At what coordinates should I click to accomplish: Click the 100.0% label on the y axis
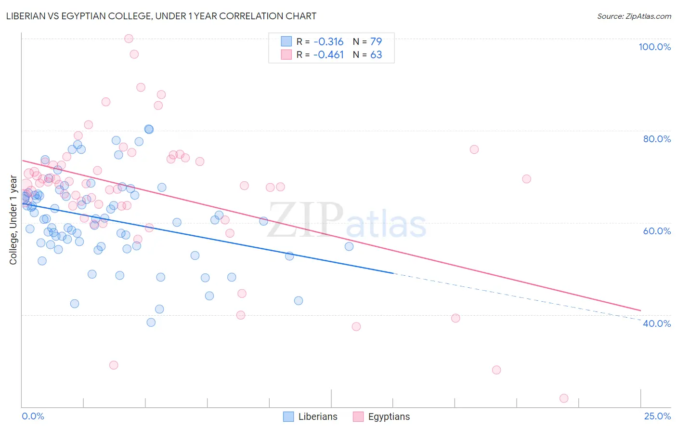point(654,47)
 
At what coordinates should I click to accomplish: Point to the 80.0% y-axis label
point(657,139)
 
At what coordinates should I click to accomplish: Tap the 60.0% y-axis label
point(657,231)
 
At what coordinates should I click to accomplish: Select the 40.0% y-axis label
point(657,323)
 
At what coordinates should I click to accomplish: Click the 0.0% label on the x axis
point(33,416)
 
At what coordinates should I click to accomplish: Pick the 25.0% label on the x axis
point(657,416)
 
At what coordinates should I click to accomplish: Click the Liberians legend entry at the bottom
point(317,417)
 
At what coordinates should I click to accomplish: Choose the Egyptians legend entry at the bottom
point(389,417)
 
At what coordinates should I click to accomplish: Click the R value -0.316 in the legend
point(328,41)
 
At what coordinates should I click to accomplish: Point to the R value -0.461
point(328,54)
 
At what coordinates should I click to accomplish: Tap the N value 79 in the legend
point(376,41)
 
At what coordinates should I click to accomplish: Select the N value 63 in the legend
point(376,54)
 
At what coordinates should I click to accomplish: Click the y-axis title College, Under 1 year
point(13,220)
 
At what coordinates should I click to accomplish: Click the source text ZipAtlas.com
point(634,16)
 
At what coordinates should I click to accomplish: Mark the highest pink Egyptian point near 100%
point(129,39)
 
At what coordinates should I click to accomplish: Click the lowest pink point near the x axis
point(564,398)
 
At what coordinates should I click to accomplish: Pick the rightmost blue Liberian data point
point(349,246)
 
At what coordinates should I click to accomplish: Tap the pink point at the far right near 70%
point(526,179)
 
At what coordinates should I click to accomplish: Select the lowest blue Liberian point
point(151,322)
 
